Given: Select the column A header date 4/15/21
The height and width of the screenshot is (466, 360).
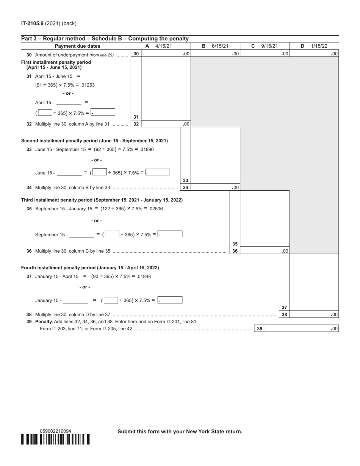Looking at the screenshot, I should click(164, 46).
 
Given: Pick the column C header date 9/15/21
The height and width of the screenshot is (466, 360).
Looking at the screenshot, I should click(269, 46).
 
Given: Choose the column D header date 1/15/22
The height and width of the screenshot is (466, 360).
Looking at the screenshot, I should click(319, 46).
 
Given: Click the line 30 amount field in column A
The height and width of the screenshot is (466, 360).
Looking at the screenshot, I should click(166, 54).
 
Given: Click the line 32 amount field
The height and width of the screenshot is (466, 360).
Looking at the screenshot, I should click(166, 124).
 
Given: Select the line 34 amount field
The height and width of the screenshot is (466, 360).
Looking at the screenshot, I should click(215, 188).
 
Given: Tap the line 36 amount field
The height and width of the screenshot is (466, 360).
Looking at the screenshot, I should click(264, 251).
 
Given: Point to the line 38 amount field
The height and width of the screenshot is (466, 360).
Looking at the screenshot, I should click(314, 314).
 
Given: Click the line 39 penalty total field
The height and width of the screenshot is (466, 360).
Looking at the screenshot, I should click(301, 329).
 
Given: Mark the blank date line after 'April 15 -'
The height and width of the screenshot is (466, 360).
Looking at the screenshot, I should click(69, 103).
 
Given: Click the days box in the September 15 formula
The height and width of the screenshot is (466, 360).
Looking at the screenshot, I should click(112, 234).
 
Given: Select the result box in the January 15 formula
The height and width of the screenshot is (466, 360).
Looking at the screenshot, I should click(170, 300).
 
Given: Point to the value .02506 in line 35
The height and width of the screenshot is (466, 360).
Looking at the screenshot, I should click(155, 209).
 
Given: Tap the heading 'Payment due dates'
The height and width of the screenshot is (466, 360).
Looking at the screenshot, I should click(78, 46).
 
